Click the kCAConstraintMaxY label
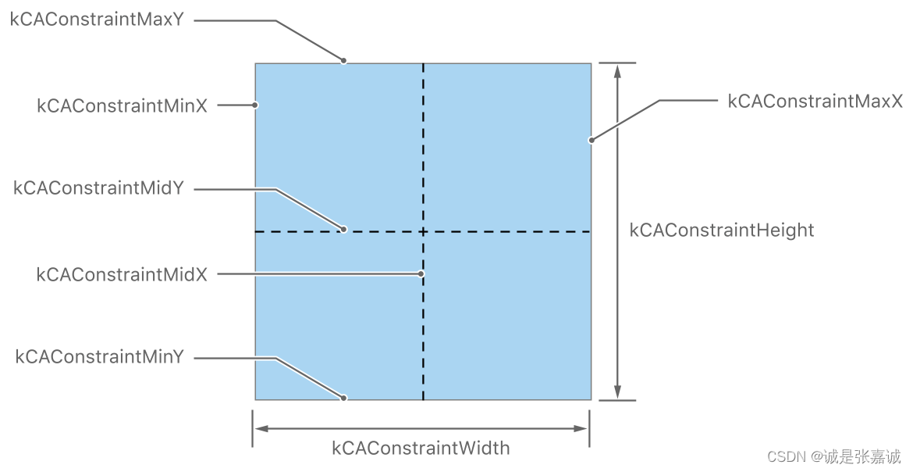click(x=97, y=20)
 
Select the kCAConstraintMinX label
click(x=122, y=105)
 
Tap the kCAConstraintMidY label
click(x=98, y=188)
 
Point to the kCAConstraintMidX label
click(x=122, y=274)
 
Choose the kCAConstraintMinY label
click(x=99, y=357)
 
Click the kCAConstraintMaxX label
click(x=815, y=101)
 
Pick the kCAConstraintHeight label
click(x=722, y=231)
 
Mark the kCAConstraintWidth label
click(x=421, y=448)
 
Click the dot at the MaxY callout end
click(x=343, y=60)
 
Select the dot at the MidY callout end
click(x=343, y=230)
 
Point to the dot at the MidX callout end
click(x=421, y=274)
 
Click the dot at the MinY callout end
click(x=343, y=398)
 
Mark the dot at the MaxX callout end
click(x=591, y=141)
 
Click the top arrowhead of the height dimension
click(x=617, y=70)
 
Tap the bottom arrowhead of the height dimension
click(x=617, y=392)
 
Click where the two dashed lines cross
click(x=423, y=231)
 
